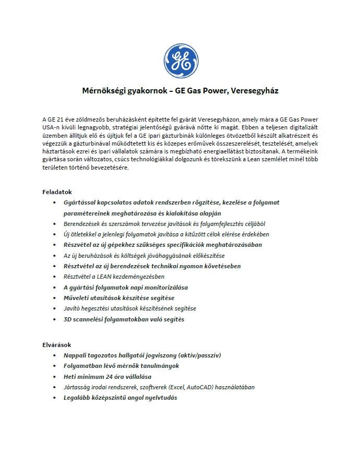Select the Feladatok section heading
pos(57,192)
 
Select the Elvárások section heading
pos(56,344)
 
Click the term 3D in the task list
pos(68,319)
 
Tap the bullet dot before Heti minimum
pos(56,376)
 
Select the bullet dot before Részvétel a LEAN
pos(56,277)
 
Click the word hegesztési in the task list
pos(98,308)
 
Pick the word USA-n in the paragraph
pos(53,128)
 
